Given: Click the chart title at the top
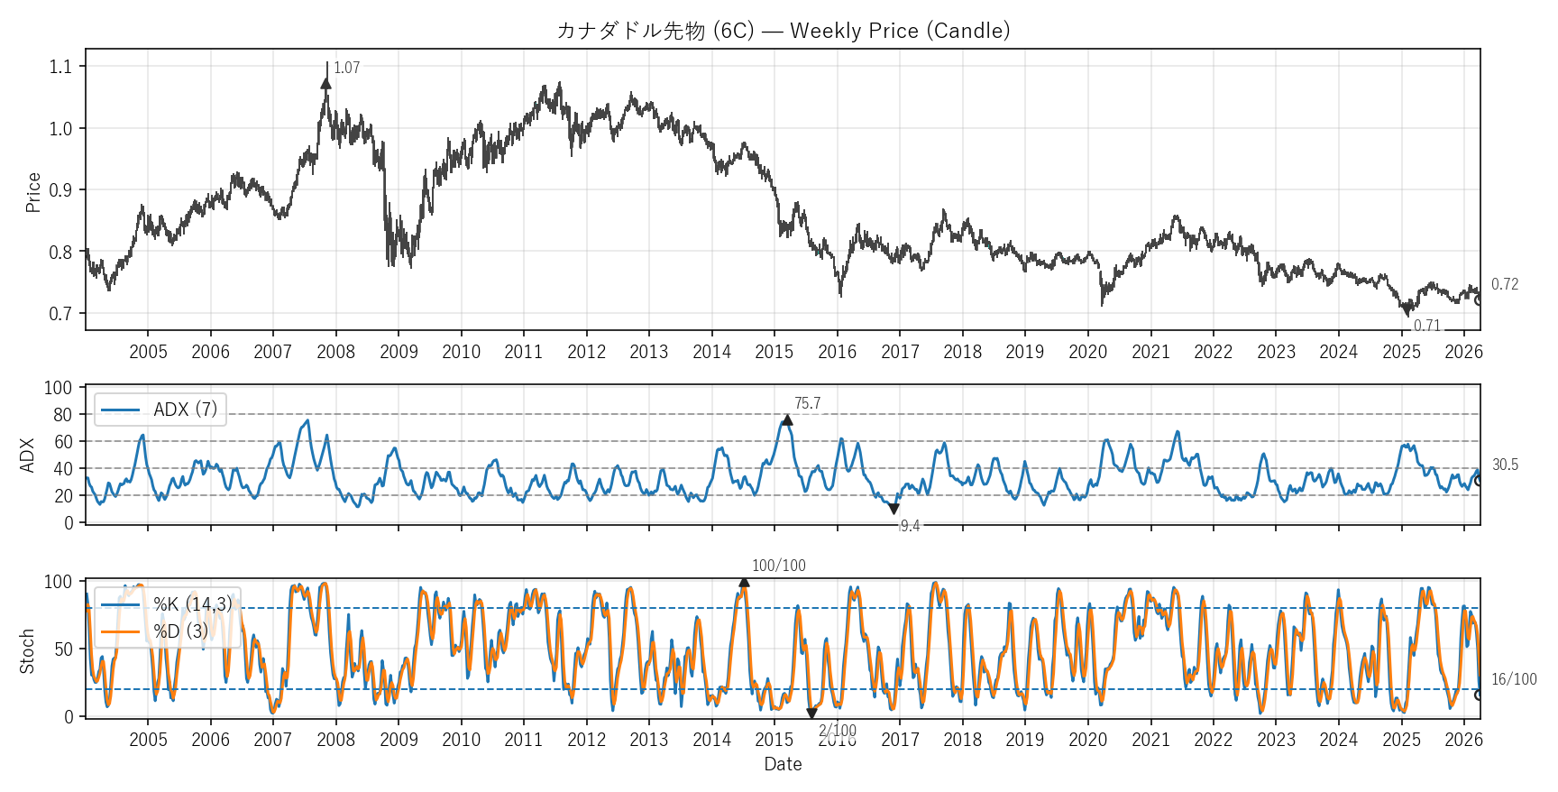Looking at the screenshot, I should point(783,31).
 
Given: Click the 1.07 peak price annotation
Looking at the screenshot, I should point(346,68).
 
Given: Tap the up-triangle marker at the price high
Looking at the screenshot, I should point(326,83).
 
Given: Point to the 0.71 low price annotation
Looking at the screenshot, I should point(1426,326).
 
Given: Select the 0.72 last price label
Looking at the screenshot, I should point(1504,284).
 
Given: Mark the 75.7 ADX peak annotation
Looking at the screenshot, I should point(807,403).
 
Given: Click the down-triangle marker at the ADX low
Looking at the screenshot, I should point(894,510).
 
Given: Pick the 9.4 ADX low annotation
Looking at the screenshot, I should point(910,526).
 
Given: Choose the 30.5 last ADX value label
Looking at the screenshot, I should point(1505,465).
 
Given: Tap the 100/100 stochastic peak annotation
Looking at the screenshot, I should point(779,566).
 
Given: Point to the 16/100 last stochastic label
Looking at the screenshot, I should point(1514,679).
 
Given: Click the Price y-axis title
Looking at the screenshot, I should point(33,192).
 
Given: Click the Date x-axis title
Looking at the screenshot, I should point(783,764).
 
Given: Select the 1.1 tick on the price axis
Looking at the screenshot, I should point(60,67).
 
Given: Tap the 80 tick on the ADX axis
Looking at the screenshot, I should point(62,415).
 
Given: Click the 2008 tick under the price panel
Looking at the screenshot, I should point(335,352).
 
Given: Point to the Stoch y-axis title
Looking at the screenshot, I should point(27,650).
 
